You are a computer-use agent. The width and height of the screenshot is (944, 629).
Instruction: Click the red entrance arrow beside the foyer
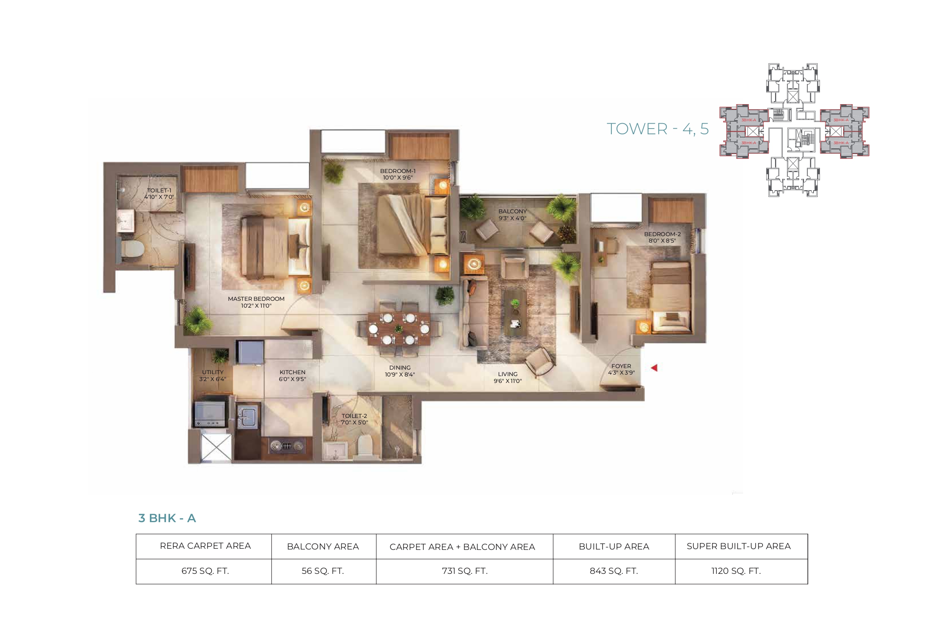click(654, 367)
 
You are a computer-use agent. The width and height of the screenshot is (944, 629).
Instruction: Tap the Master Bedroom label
click(256, 299)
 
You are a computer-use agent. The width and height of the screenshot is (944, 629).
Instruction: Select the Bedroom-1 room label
click(398, 171)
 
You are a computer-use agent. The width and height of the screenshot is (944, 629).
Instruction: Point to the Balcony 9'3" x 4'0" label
click(513, 214)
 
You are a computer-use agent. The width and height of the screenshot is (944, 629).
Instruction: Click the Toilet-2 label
click(354, 416)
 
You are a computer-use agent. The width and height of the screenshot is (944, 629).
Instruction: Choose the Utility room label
click(213, 372)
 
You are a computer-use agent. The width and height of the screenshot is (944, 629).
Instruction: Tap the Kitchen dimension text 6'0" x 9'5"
click(293, 379)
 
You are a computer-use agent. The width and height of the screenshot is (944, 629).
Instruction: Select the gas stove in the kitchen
click(286, 446)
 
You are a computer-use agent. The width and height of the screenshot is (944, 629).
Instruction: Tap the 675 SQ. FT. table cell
click(205, 571)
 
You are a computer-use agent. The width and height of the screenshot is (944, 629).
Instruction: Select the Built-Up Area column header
click(614, 546)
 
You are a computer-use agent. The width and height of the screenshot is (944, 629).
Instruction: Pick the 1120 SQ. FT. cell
click(736, 571)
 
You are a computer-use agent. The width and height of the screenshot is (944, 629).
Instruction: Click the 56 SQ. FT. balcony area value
click(323, 571)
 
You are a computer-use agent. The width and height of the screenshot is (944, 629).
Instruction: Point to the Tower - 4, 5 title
click(657, 129)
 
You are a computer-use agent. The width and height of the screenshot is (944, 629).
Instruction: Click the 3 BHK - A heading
click(167, 518)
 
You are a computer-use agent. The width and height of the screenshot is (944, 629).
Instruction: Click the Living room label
click(508, 374)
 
